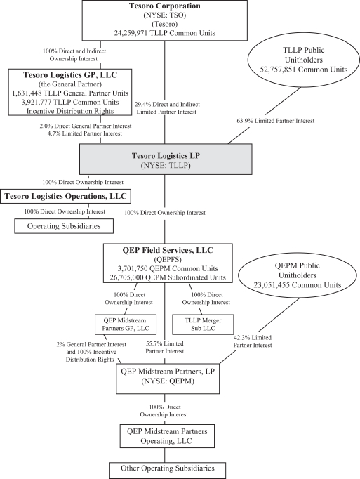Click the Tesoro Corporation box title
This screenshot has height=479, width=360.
(165, 6)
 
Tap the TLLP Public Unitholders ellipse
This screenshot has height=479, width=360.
(304, 60)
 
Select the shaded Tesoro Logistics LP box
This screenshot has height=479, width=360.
(166, 159)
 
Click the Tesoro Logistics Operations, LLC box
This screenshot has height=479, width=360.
(66, 196)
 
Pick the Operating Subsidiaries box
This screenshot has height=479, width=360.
(64, 226)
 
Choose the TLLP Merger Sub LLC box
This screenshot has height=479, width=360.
(203, 324)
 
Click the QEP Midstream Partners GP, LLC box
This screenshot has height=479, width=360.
(126, 324)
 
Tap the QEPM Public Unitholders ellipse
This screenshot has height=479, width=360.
(298, 275)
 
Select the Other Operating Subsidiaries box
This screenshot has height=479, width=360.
(168, 471)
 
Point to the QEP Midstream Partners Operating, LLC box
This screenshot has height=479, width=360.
(167, 436)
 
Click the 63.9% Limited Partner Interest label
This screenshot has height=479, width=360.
(276, 121)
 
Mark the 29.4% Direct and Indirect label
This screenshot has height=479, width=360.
(167, 105)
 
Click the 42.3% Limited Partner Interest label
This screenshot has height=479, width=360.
(253, 341)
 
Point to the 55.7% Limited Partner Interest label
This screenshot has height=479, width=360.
(165, 348)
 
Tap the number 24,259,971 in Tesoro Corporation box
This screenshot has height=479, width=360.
(131, 33)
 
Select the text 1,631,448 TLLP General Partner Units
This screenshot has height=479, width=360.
(70, 93)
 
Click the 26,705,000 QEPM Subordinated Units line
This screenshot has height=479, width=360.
(168, 277)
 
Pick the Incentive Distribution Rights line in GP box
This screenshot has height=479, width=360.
(70, 111)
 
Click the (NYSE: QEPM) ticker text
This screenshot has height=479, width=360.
(168, 381)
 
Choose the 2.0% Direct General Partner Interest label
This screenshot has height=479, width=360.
(86, 126)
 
